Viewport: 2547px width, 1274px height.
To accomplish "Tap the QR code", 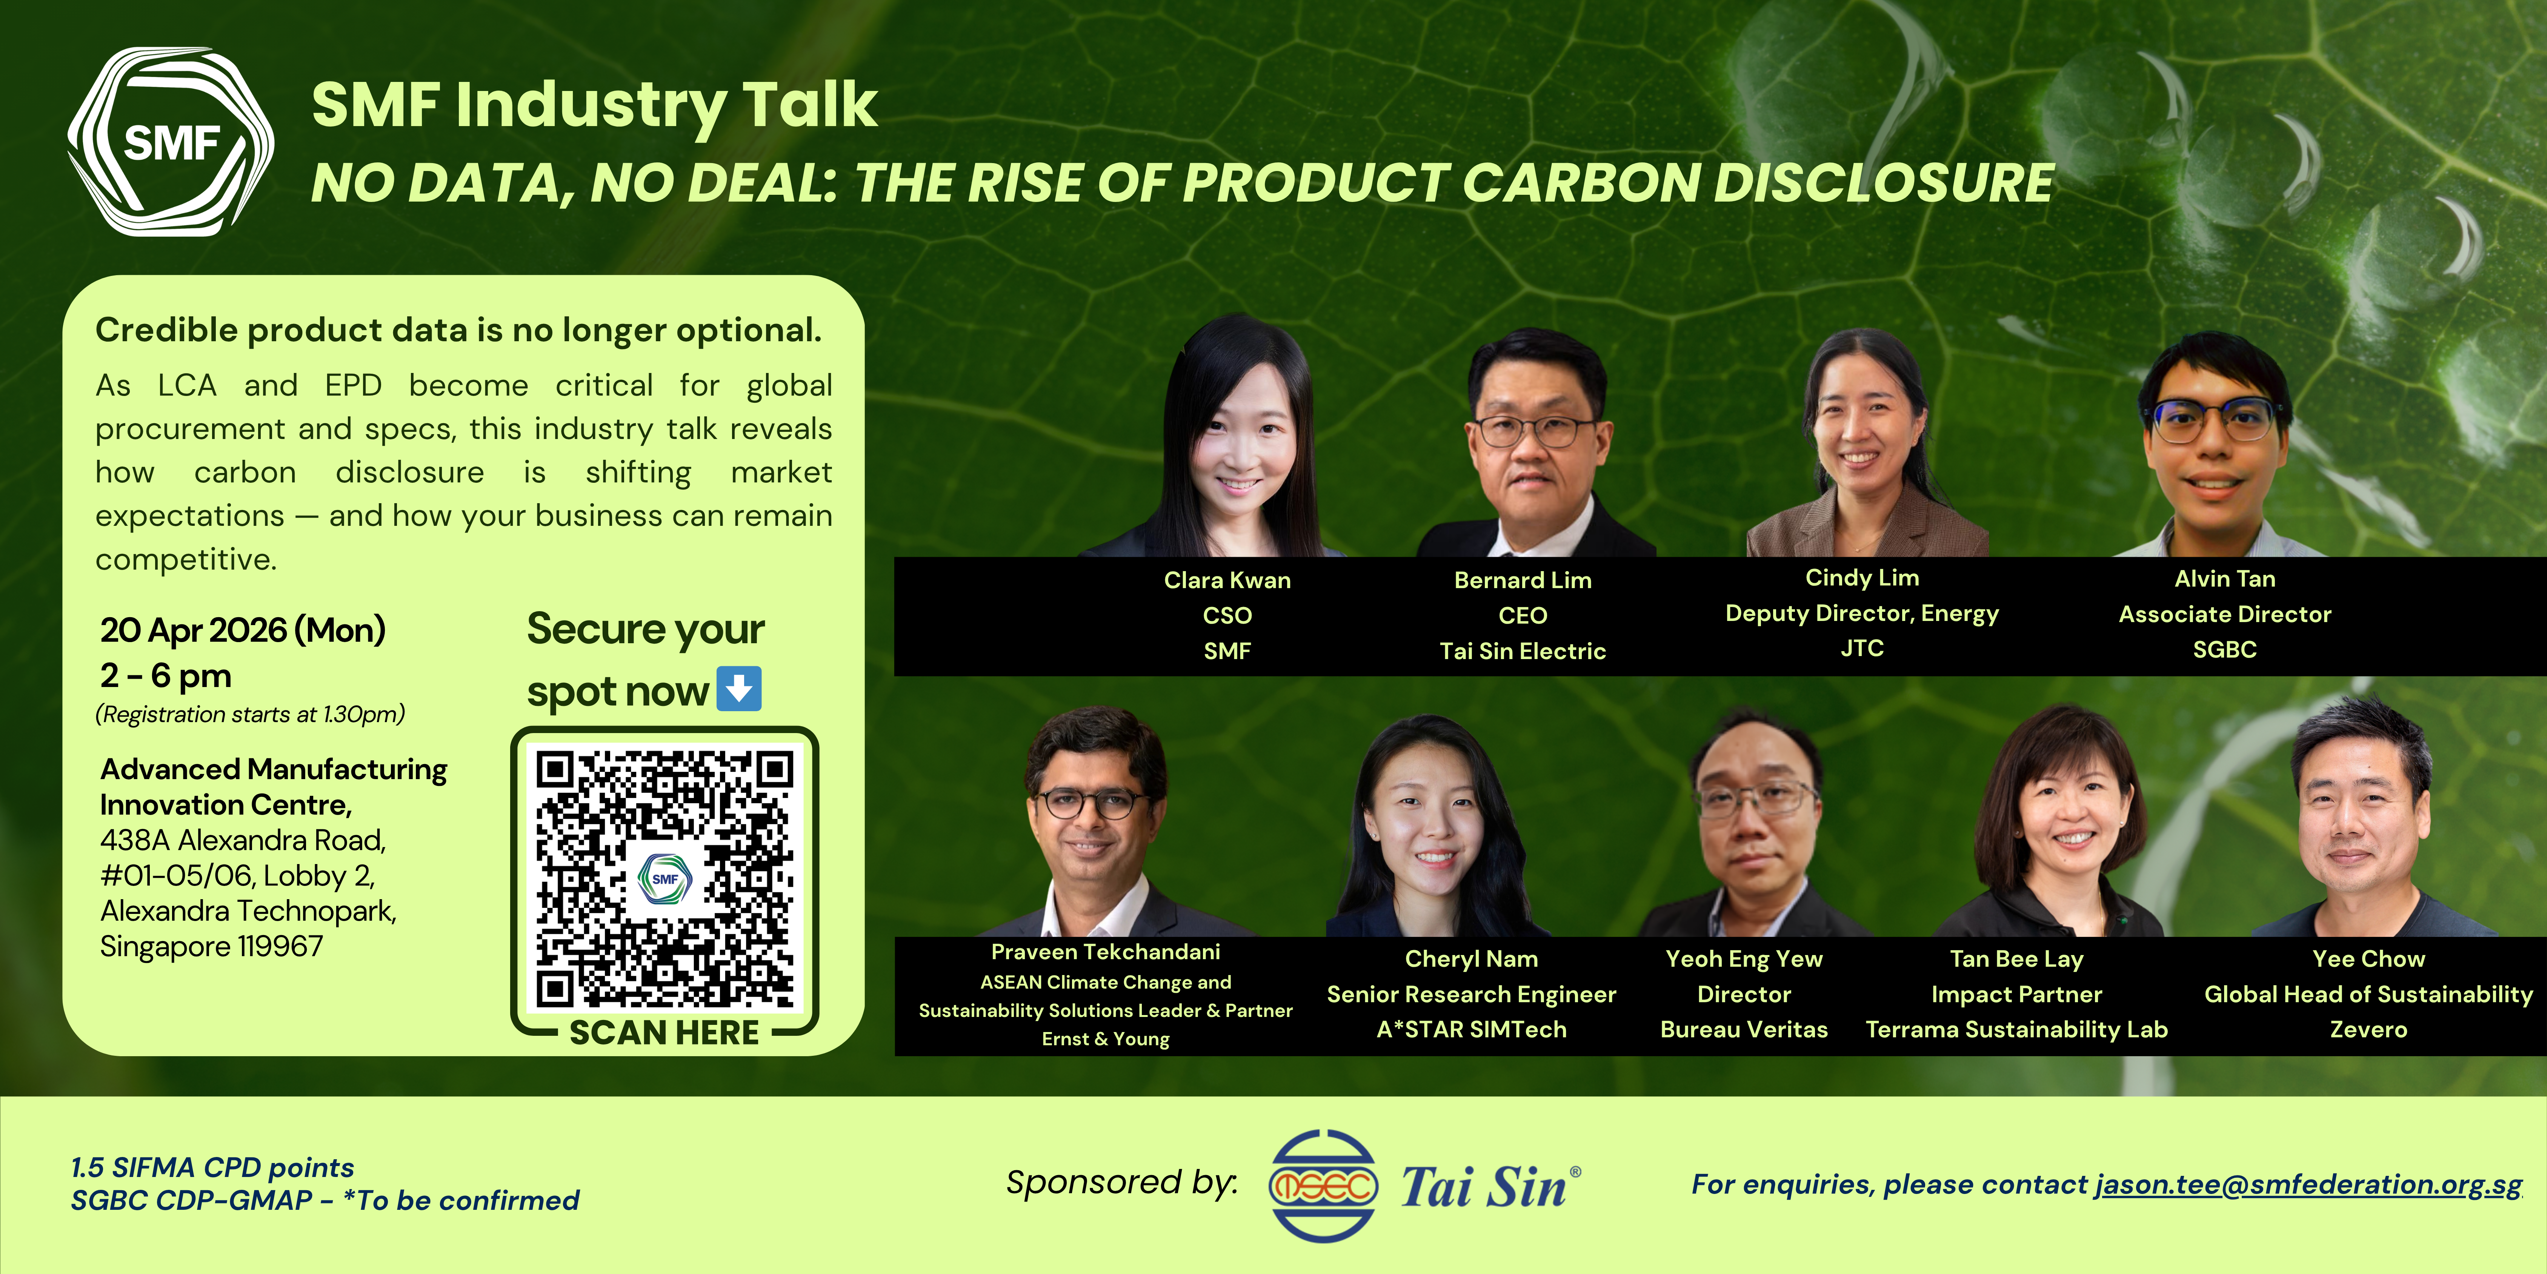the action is coord(664,878).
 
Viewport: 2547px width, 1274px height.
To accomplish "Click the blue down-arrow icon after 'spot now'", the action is coord(738,689).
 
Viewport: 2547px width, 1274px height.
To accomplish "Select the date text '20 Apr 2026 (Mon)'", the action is coord(243,630).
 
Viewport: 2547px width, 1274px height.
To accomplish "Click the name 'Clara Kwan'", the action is coord(1227,581).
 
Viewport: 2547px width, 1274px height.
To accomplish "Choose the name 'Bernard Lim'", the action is coord(1523,581).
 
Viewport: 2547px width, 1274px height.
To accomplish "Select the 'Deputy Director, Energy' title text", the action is coord(1862,613).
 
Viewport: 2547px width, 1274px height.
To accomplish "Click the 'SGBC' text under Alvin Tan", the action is coord(2225,650).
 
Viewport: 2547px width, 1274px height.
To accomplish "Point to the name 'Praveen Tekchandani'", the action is coord(1106,952).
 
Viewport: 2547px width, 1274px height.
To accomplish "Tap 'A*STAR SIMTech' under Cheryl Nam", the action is coord(1471,1030).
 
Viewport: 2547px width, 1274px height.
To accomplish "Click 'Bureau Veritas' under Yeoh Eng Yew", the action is coord(1744,1030).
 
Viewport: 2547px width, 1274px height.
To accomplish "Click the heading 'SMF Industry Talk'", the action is coord(594,105).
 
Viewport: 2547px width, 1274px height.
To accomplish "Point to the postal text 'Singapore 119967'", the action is coord(212,947).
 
